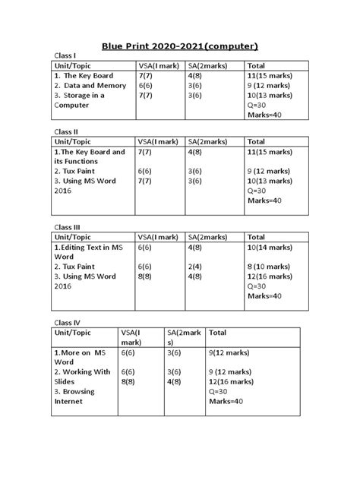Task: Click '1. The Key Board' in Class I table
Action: click(x=83, y=76)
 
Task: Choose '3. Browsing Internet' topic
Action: click(x=74, y=396)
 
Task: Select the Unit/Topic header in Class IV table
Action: click(x=74, y=333)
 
